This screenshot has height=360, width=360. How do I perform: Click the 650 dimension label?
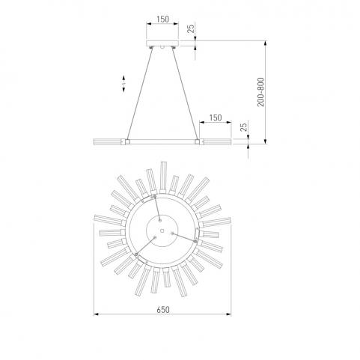(x=163, y=310)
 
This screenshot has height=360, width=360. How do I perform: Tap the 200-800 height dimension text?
(x=260, y=92)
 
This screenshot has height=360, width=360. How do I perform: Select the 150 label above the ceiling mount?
(x=162, y=19)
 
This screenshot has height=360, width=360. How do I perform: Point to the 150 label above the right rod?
(x=216, y=118)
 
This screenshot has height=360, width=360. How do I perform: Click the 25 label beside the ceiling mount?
(x=191, y=29)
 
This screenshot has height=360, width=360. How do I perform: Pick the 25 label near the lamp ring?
(x=244, y=127)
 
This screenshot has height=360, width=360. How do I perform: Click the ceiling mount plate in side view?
(x=162, y=43)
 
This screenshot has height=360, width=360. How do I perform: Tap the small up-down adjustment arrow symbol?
(x=123, y=84)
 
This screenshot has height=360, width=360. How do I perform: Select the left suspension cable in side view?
(x=139, y=94)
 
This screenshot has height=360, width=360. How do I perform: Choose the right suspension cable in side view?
(x=185, y=94)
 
